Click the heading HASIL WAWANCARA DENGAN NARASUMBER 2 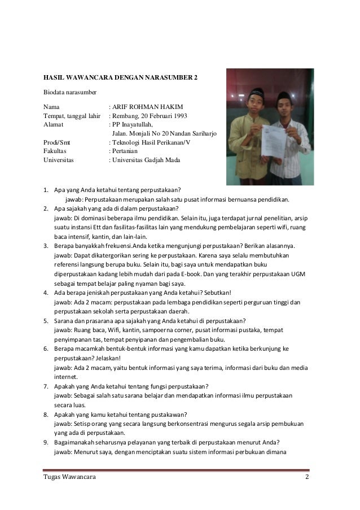pyautogui.click(x=121, y=77)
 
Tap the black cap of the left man pyautogui.click(x=256, y=91)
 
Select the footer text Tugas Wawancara pyautogui.click(x=69, y=479)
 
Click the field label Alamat pyautogui.click(x=54, y=125)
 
